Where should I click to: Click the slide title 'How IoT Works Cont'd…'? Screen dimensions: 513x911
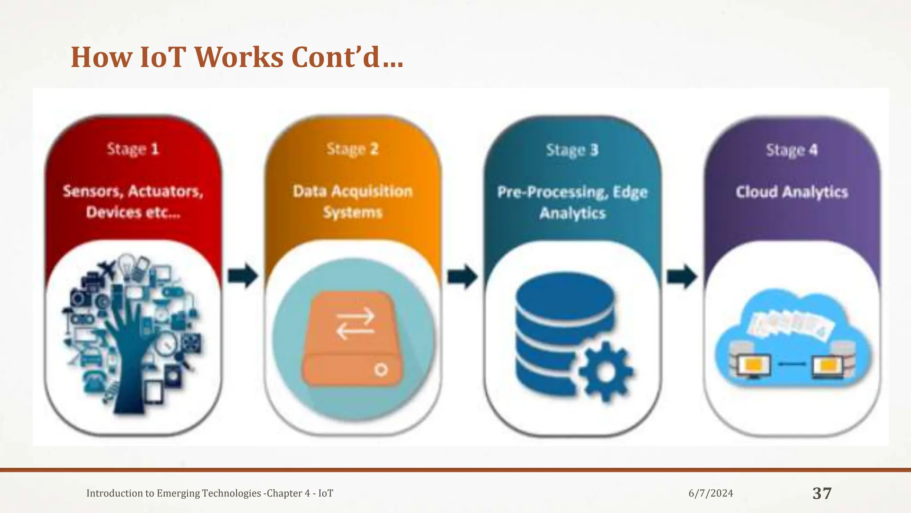pos(237,57)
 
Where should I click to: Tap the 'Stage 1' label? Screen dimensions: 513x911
pos(133,149)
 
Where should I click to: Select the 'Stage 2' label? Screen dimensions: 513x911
pos(352,149)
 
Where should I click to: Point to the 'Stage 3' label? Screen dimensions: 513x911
pos(572,150)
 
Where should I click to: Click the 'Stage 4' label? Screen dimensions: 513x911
pos(791,150)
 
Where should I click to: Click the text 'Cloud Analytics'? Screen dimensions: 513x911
pos(791,192)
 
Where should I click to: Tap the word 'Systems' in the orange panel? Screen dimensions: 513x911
pos(352,212)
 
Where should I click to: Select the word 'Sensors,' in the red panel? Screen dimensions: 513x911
pos(93,191)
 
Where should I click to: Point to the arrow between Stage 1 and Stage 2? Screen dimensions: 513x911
pos(243,276)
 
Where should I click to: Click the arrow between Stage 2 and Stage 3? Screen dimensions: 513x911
pos(462,277)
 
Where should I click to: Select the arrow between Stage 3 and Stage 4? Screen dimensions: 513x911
pos(681,277)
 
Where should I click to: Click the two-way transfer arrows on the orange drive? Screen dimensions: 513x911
pos(355,323)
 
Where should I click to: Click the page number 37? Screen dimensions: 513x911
pos(822,493)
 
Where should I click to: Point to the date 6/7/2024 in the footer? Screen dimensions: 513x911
pos(710,493)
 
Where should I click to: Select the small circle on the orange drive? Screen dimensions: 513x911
pos(381,370)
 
